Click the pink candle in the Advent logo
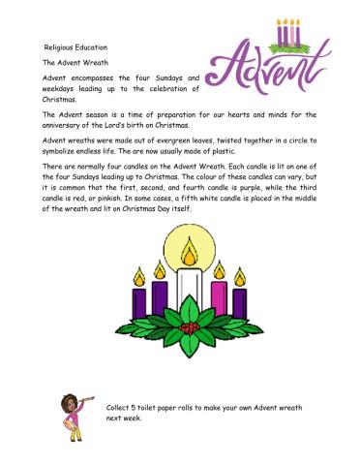286,34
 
